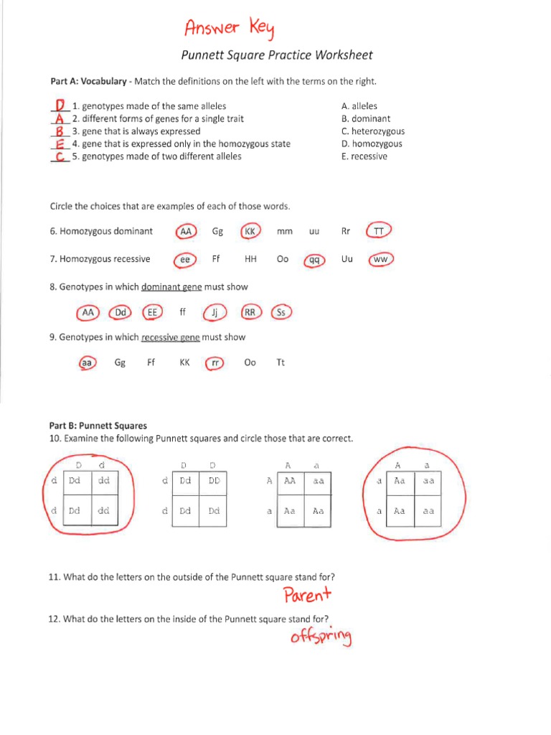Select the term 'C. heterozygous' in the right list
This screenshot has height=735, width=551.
tap(373, 131)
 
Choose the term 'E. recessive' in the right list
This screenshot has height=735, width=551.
tap(364, 156)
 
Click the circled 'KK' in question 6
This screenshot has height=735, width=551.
tap(250, 231)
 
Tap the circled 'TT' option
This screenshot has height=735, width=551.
tap(379, 231)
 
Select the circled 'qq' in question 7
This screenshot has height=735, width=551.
tap(314, 260)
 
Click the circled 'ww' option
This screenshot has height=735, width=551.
tap(380, 259)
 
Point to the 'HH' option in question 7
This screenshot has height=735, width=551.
tap(250, 259)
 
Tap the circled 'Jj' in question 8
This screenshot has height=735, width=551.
tap(215, 313)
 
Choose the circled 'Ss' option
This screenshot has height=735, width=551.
tap(281, 313)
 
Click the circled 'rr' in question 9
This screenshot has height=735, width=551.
tap(215, 363)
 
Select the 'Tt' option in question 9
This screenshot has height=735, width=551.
tap(281, 363)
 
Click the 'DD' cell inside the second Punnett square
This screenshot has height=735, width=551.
tap(214, 482)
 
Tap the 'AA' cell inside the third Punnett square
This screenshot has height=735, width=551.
tap(290, 482)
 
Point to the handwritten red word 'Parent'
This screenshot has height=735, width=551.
tap(307, 595)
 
